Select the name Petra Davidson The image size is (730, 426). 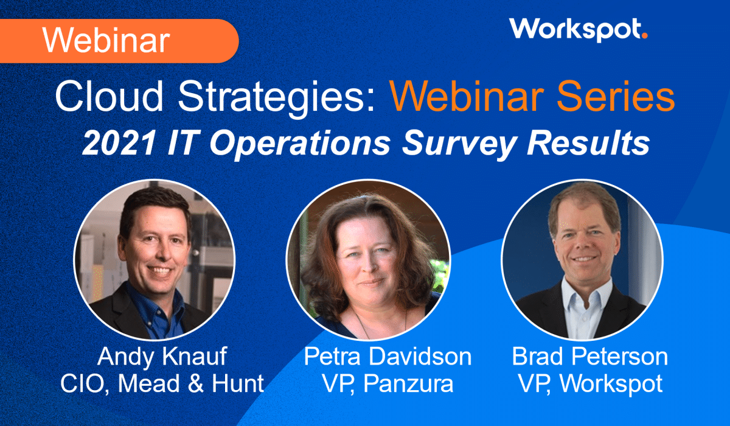coord(388,357)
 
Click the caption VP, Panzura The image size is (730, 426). coord(388,384)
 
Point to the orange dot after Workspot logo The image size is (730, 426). coord(644,36)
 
